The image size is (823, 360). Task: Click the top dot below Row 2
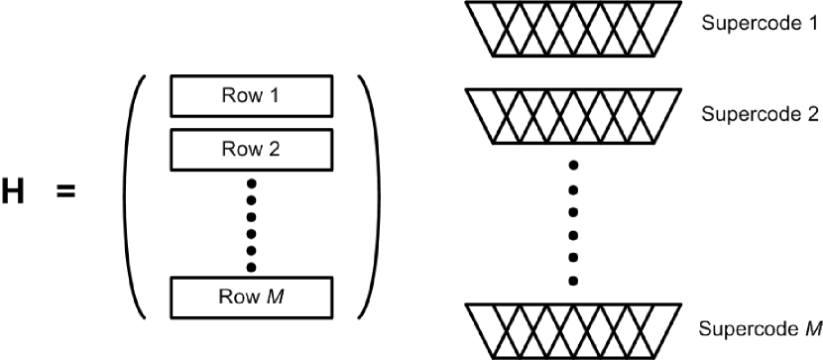click(251, 183)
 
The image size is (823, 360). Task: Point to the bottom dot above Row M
click(251, 267)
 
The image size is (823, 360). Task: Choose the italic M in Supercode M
click(813, 327)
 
